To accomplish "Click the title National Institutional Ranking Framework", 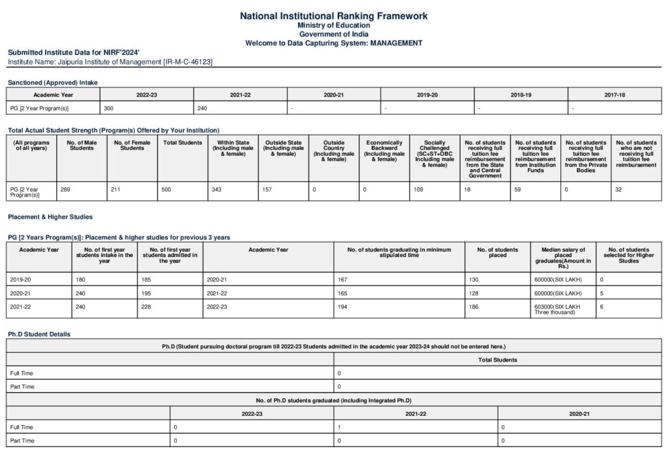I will (x=333, y=16).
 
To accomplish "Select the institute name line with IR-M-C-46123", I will (x=110, y=61).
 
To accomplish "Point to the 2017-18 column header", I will (x=614, y=95).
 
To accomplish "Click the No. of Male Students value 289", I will (x=65, y=189).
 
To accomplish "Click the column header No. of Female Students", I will (x=132, y=145).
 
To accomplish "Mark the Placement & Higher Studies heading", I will (x=50, y=216).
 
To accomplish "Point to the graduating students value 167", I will (x=342, y=279).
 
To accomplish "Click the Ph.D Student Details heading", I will (x=39, y=334).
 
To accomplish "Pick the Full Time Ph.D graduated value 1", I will (x=339, y=427).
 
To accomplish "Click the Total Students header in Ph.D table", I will (x=497, y=359).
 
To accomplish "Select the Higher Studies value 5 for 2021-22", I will (x=601, y=293).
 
